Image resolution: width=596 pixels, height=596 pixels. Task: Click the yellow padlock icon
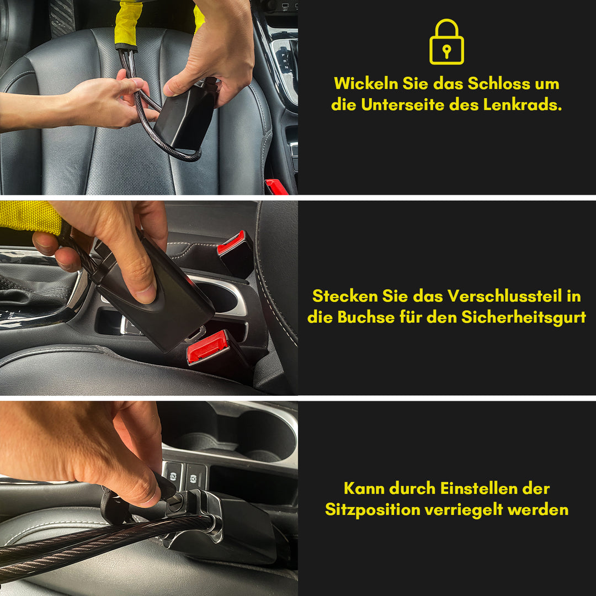pyautogui.click(x=446, y=42)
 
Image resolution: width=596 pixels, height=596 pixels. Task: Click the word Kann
pyautogui.click(x=364, y=488)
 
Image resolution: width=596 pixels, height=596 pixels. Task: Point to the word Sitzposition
pyautogui.click(x=372, y=509)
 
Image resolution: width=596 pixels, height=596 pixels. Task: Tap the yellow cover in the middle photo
pyautogui.click(x=30, y=216)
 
